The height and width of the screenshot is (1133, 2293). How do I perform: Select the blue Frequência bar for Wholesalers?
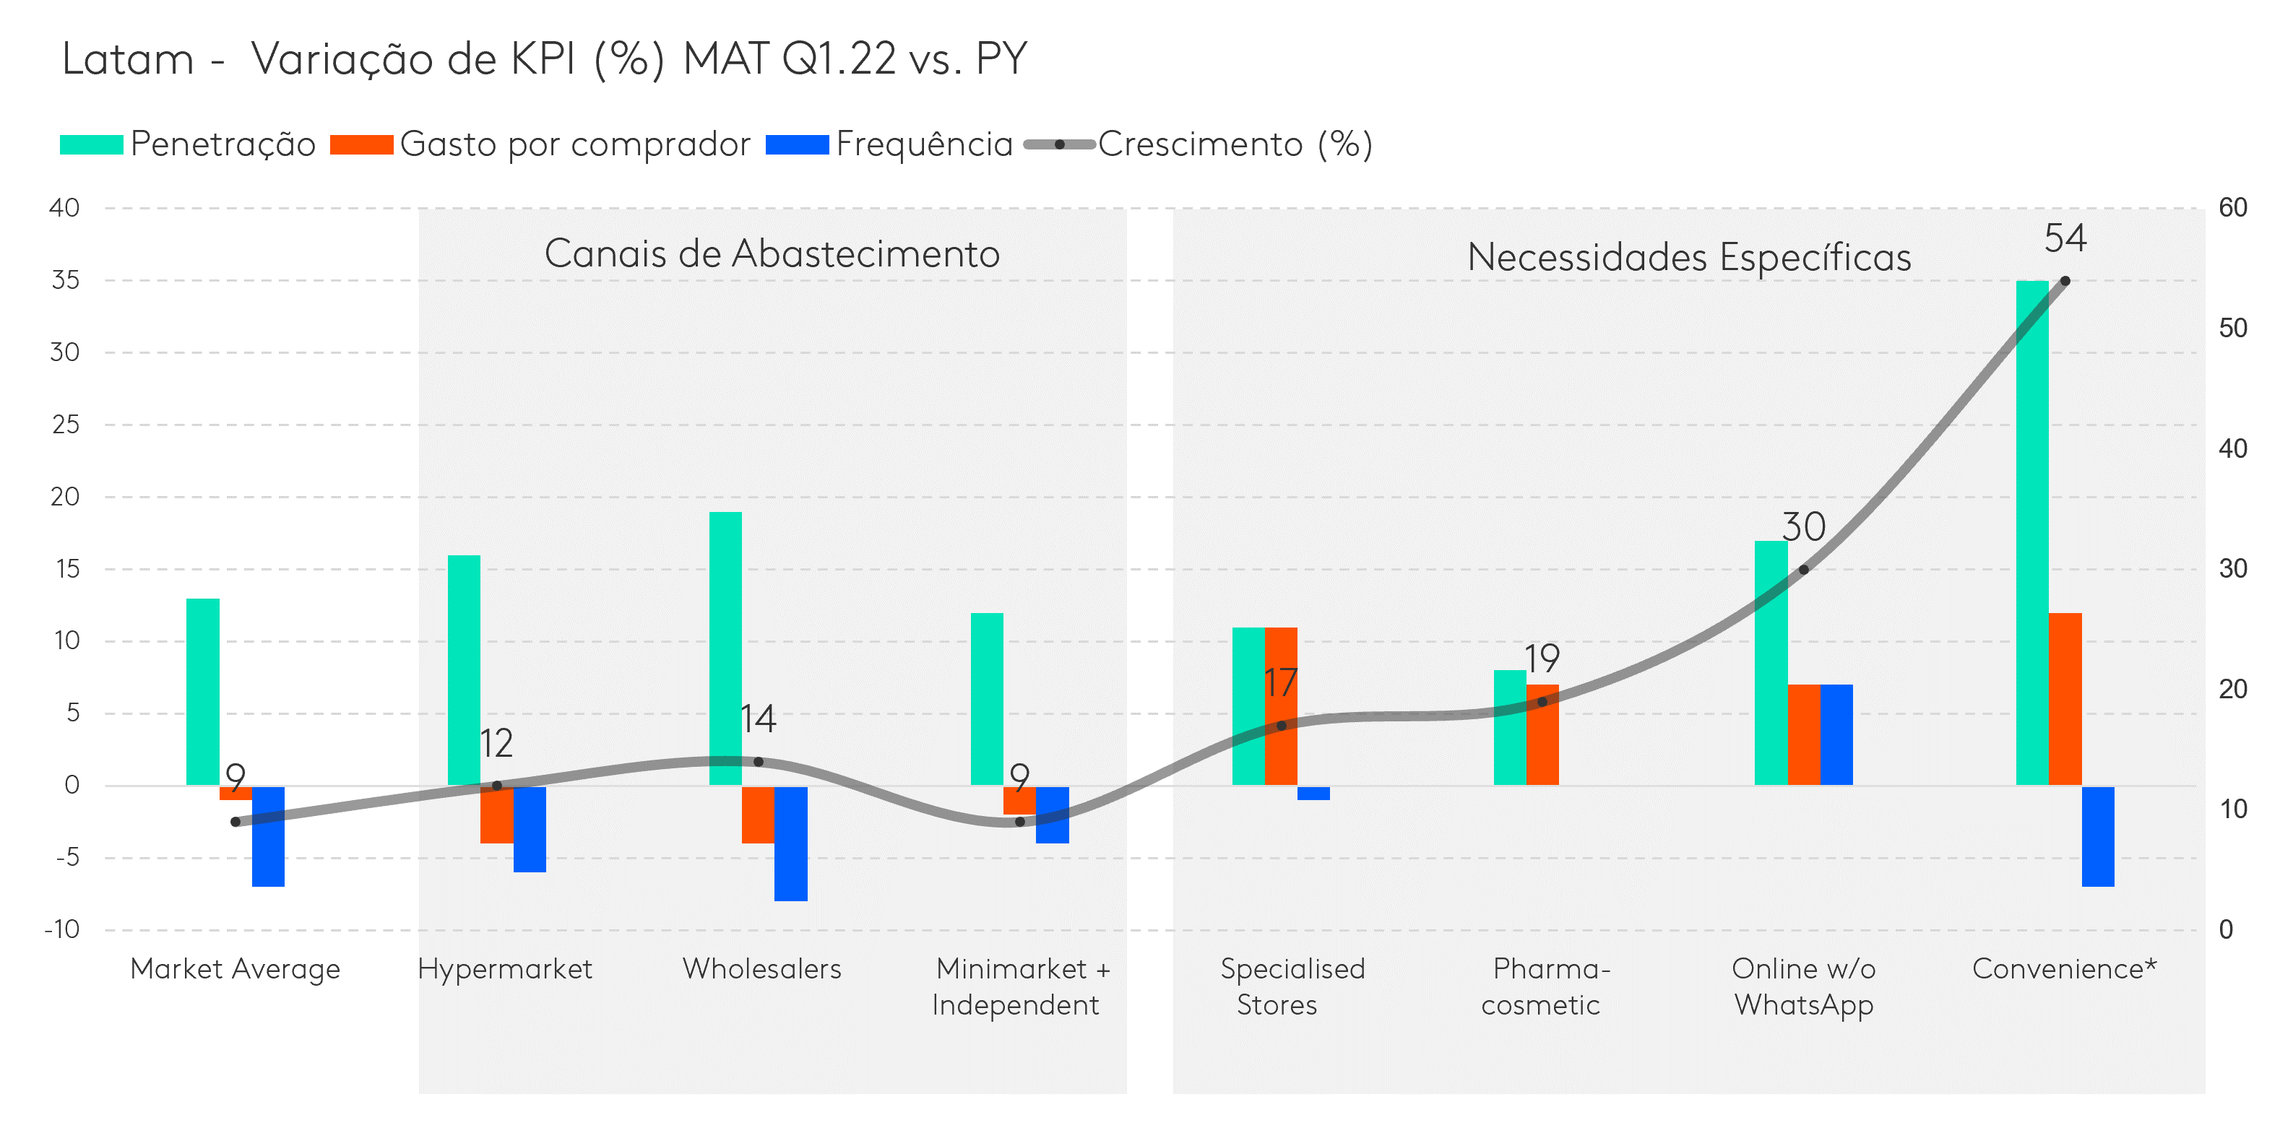pyautogui.click(x=790, y=843)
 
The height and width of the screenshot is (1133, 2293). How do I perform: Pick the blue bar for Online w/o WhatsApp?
pyautogui.click(x=1836, y=734)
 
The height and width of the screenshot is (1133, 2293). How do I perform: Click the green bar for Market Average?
pyautogui.click(x=203, y=692)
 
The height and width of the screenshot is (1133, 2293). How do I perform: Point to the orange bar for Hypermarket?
pyautogui.click(x=497, y=815)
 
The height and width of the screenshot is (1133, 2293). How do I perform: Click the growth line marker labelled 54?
pyautogui.click(x=2065, y=281)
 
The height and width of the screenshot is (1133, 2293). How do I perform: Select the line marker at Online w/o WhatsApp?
pyautogui.click(x=1803, y=570)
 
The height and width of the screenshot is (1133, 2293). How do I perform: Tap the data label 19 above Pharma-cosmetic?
pyautogui.click(x=1542, y=659)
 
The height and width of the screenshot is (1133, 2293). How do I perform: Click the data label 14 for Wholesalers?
pyautogui.click(x=759, y=719)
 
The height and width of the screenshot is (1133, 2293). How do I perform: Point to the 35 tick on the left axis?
pyautogui.click(x=66, y=280)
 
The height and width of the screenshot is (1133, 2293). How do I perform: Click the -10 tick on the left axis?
pyautogui.click(x=62, y=929)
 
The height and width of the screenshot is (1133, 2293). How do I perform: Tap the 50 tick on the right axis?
pyautogui.click(x=2232, y=329)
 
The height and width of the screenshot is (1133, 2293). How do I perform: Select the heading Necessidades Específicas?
pyautogui.click(x=1688, y=258)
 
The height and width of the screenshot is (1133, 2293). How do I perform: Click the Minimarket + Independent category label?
pyautogui.click(x=1021, y=986)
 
